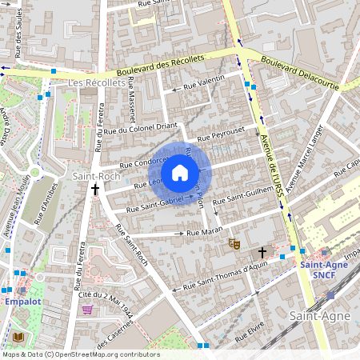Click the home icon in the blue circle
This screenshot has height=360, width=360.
pyautogui.click(x=180, y=173)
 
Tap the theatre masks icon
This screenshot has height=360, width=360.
pyautogui.click(x=234, y=242)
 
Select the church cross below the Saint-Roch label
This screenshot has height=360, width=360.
pyautogui.click(x=95, y=190)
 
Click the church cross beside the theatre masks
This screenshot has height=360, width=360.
pyautogui.click(x=261, y=252)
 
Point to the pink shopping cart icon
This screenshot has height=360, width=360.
pyautogui.click(x=87, y=310)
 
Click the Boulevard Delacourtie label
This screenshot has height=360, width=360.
pyautogui.click(x=300, y=72)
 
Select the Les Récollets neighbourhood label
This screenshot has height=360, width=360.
pyautogui.click(x=91, y=83)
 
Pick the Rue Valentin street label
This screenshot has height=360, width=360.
pyautogui.click(x=204, y=82)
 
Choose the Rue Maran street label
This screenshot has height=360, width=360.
pyautogui.click(x=204, y=232)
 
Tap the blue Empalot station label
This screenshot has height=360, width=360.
pyautogui.click(x=22, y=302)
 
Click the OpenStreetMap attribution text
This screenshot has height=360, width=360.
pyautogui.click(x=81, y=354)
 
